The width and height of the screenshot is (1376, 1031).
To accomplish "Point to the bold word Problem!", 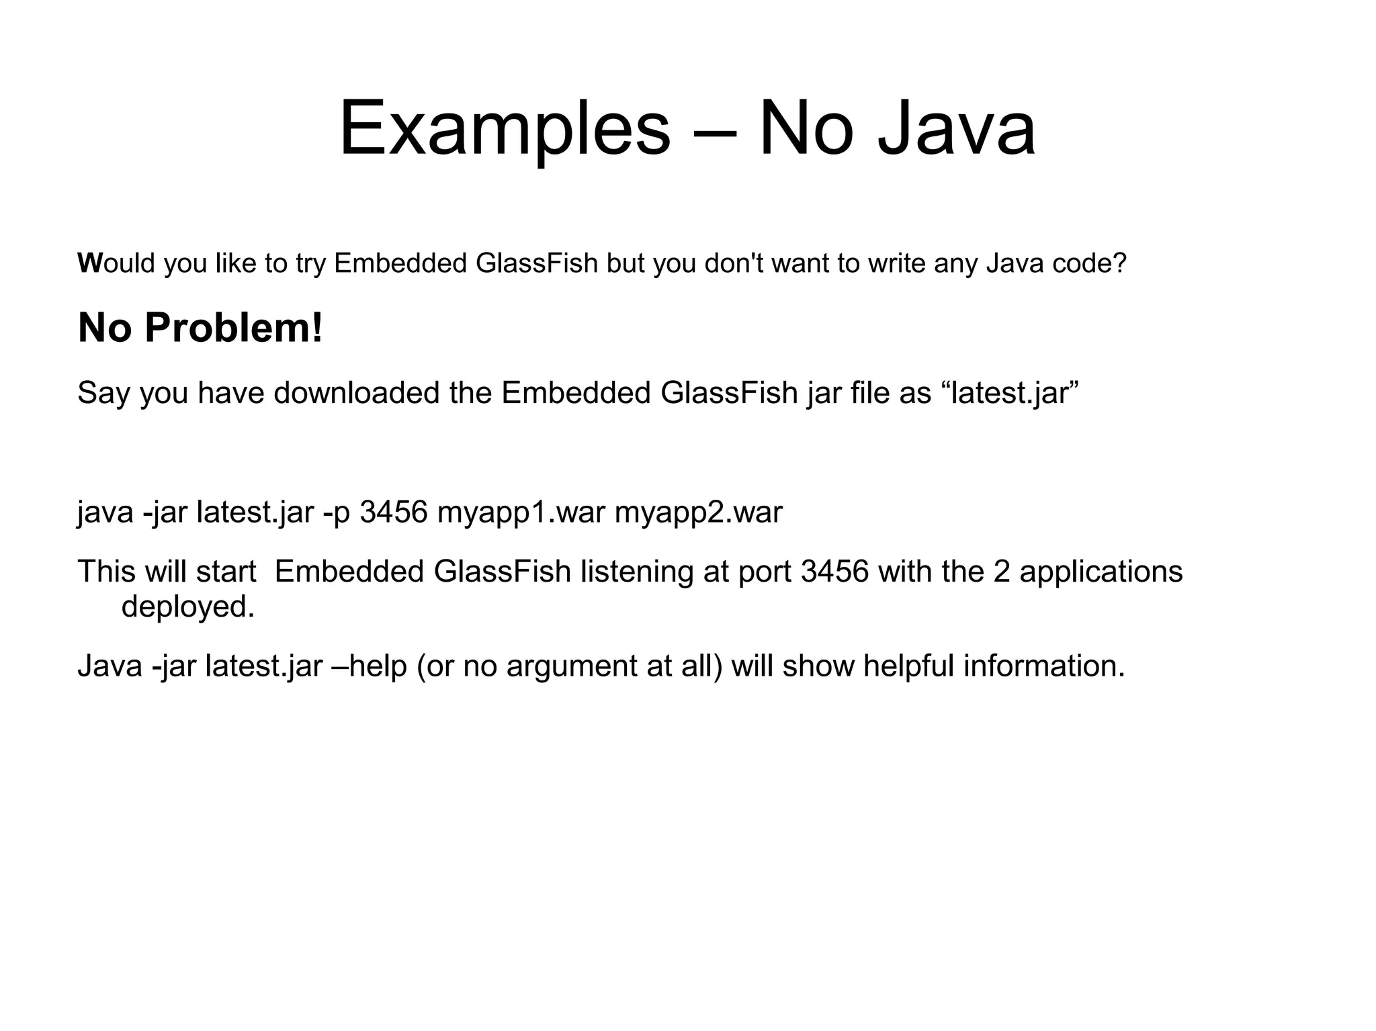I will [233, 328].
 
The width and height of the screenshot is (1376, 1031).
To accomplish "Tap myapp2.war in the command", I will [699, 513].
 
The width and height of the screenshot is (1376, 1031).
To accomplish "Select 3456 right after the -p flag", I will [394, 513].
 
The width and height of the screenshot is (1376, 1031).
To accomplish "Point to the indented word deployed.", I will [188, 607].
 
